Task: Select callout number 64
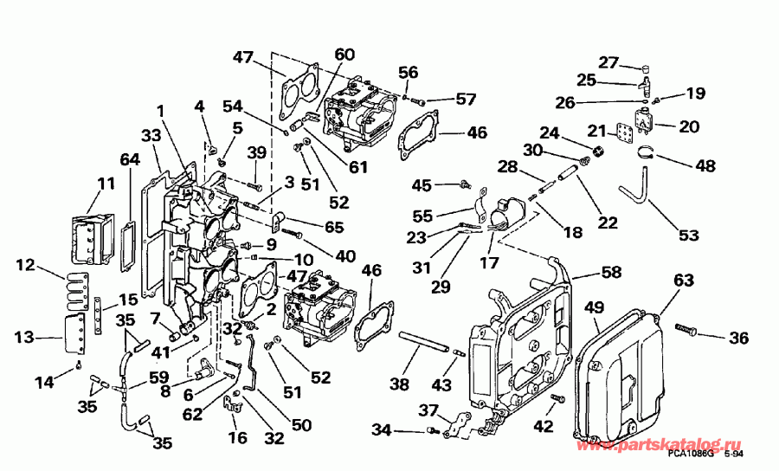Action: (129, 159)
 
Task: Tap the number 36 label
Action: (738, 339)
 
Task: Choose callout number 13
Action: (24, 335)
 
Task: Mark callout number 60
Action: (344, 54)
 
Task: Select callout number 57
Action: (467, 100)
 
